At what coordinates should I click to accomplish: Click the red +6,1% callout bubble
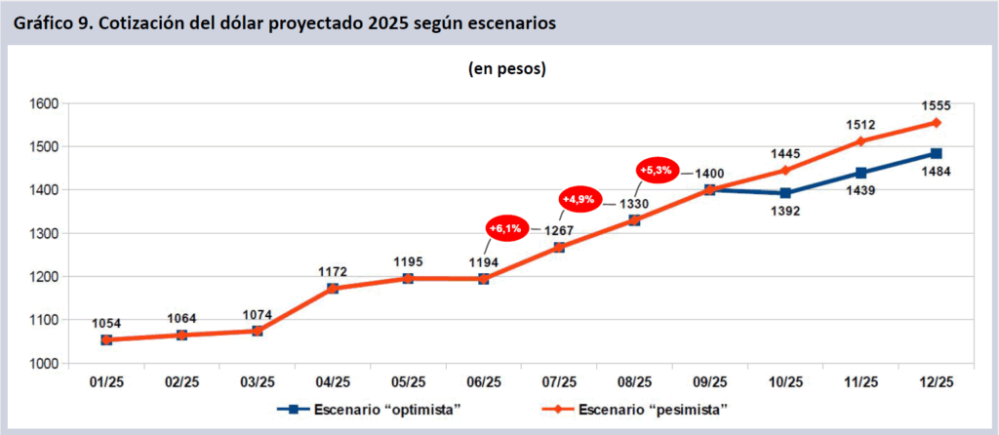506,228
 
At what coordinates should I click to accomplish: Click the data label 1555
936,105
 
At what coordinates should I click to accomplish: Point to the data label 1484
936,172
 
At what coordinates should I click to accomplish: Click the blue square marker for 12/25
936,153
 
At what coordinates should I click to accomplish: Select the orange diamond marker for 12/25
936,123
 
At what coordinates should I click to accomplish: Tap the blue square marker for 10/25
785,193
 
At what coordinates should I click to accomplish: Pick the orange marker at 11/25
860,141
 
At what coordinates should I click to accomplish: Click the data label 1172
333,270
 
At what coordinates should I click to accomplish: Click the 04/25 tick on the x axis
333,381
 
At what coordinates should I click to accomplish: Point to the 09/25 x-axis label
709,381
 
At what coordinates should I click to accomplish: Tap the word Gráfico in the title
42,22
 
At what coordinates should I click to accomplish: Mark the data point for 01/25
106,339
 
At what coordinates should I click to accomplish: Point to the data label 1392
785,211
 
